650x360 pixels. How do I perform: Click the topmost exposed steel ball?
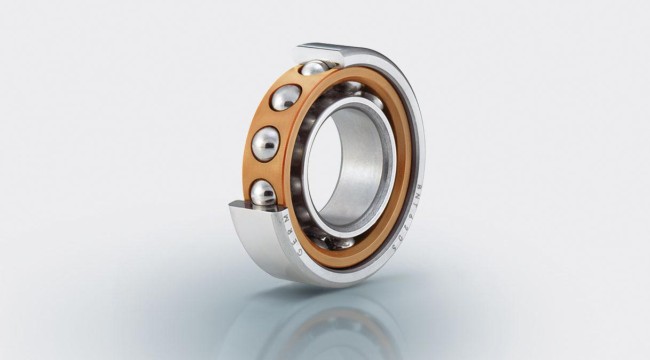314,69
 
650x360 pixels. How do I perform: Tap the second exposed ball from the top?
286,98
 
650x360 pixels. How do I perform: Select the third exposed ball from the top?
266,143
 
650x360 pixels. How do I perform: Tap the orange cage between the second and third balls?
272,120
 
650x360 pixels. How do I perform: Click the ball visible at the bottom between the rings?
340,241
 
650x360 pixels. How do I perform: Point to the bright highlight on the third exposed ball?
262,139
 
